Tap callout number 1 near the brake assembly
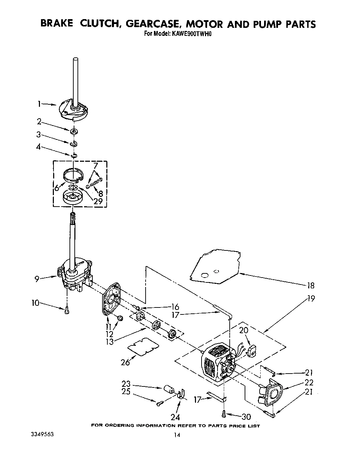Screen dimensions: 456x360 pyautogui.click(x=40, y=103)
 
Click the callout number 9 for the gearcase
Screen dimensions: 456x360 pyautogui.click(x=37, y=279)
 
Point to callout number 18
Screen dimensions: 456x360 pyautogui.click(x=310, y=286)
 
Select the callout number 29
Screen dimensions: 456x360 pyautogui.click(x=98, y=201)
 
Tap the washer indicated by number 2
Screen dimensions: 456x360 pyautogui.click(x=74, y=131)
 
